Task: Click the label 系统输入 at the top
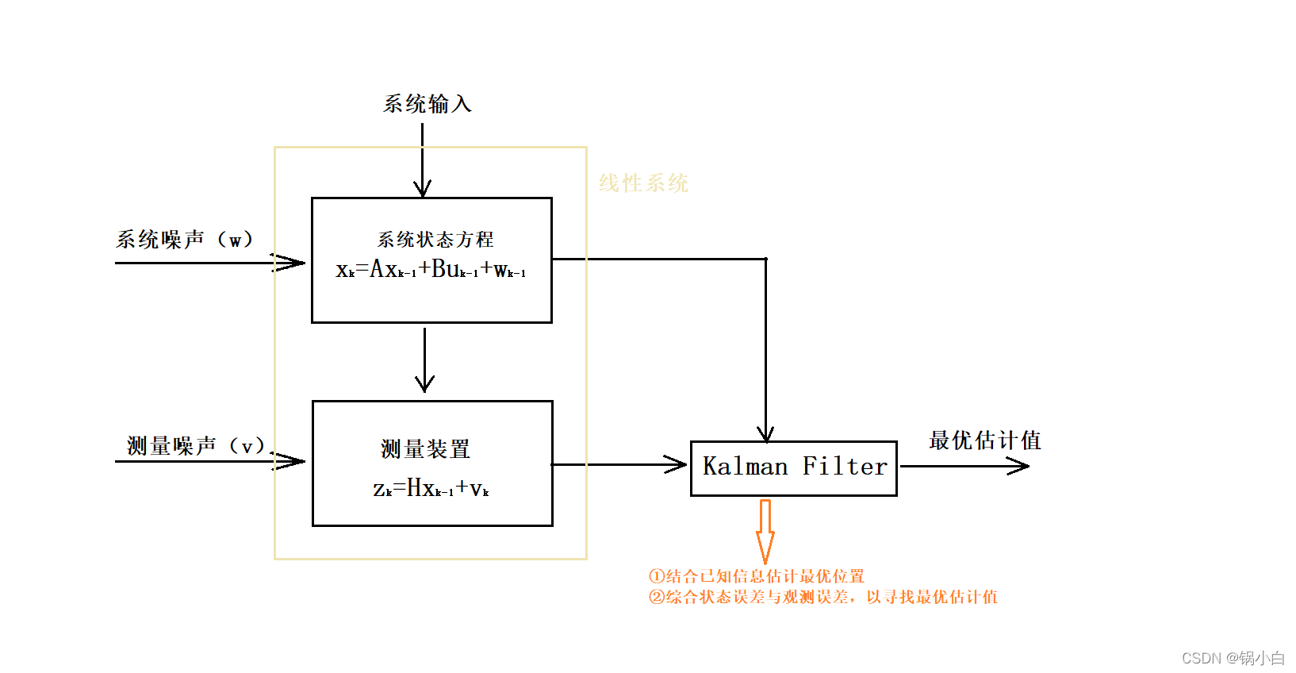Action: [x=428, y=104]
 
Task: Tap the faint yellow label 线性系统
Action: [x=643, y=183]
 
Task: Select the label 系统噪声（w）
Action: [x=185, y=239]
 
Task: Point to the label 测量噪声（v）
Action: [x=196, y=445]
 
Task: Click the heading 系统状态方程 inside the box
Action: [x=435, y=239]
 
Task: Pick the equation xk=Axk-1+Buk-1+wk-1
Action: [x=431, y=270]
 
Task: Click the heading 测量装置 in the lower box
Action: [x=426, y=449]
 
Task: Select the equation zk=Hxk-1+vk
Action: [x=431, y=488]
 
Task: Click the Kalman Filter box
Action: [x=794, y=467]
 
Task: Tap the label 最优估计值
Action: [x=985, y=440]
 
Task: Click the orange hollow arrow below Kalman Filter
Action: [x=765, y=530]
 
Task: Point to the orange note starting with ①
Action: [x=757, y=576]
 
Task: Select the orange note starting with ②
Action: [x=823, y=597]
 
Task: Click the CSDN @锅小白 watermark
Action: [x=1233, y=658]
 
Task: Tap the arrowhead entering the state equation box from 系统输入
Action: [x=423, y=189]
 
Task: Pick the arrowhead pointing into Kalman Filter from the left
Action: [x=677, y=464]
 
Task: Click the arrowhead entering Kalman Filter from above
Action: [x=765, y=433]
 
